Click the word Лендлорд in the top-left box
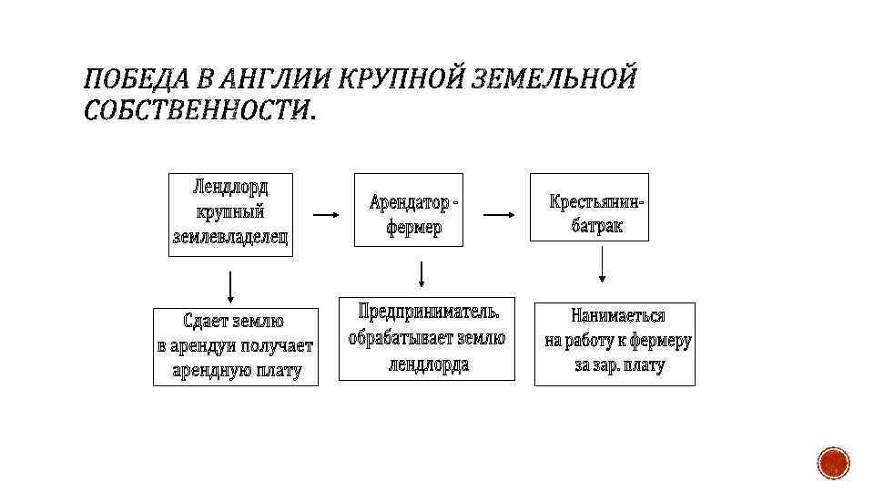[x=231, y=188]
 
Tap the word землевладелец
[x=231, y=237]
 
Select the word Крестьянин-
[x=596, y=200]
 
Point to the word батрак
[x=597, y=225]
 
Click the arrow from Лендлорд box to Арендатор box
[x=325, y=215]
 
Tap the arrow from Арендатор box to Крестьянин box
[x=497, y=215]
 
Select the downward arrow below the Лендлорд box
[x=231, y=286]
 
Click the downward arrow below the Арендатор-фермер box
[x=421, y=273]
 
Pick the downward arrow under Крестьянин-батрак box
[x=601, y=269]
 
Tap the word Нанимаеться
[x=618, y=316]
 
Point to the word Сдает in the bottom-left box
[x=206, y=321]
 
